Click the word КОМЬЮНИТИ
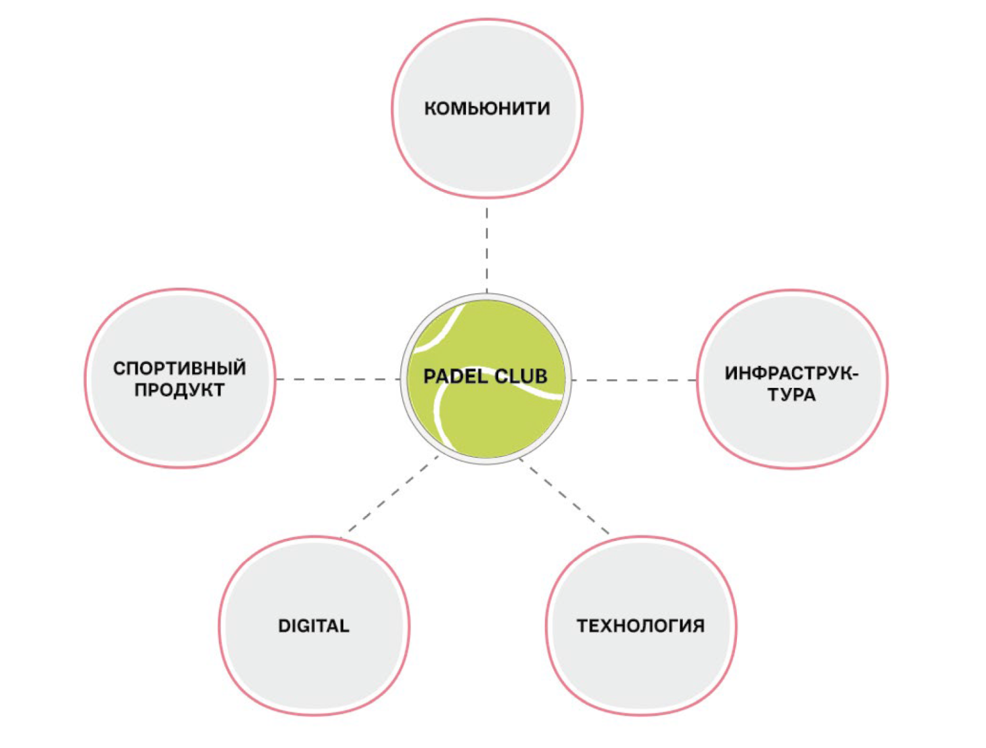tap(486, 108)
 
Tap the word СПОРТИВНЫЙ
tap(179, 368)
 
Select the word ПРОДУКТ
tap(179, 390)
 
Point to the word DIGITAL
tap(314, 626)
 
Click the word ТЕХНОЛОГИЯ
tap(640, 626)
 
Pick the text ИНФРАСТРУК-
tap(791, 373)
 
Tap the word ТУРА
tap(791, 395)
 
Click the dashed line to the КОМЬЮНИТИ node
tap(486, 250)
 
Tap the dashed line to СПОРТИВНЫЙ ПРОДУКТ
tap(338, 379)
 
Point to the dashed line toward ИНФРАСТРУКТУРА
tap(634, 380)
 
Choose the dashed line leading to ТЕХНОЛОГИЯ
tap(565, 496)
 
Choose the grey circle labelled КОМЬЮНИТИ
tap(486, 151)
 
